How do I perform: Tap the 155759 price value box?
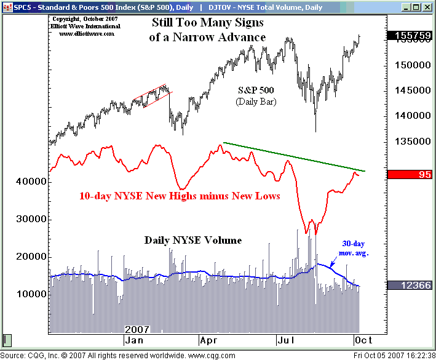pos(410,36)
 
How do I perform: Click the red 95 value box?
pos(410,175)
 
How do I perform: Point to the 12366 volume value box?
pos(410,285)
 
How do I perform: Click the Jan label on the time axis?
pos(135,340)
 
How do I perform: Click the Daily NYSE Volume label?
pos(192,240)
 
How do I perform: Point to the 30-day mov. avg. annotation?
pos(354,248)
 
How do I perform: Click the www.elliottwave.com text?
pos(87,34)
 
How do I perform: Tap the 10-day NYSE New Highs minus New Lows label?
pos(180,196)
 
